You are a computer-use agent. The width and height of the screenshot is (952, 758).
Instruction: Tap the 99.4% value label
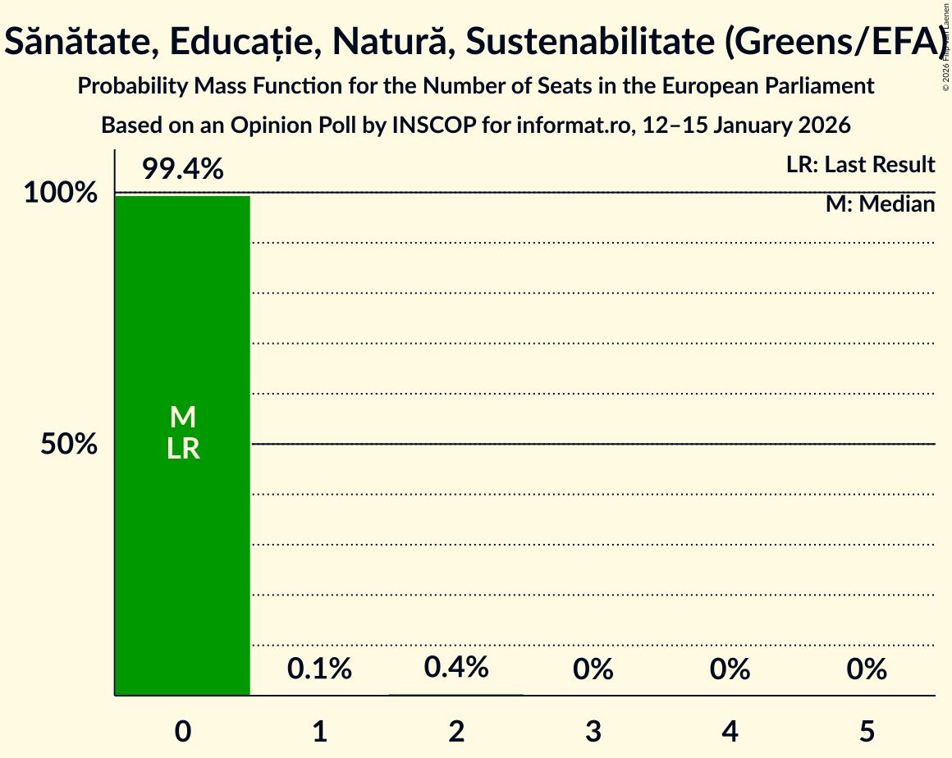182,170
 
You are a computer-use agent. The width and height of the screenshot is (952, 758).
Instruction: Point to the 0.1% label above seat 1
319,669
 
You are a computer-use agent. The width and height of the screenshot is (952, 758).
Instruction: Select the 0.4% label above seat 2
456,668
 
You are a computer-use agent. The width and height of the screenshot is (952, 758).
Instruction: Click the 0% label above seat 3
593,669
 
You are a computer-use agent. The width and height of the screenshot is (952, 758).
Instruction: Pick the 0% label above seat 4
730,669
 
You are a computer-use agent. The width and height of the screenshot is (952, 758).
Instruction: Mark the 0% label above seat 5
867,669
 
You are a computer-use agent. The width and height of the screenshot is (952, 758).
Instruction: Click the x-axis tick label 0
183,732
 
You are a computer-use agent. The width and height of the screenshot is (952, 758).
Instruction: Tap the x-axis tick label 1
320,732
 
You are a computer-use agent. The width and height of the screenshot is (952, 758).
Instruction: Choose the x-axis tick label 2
457,732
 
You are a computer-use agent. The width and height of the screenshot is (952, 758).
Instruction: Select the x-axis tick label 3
593,732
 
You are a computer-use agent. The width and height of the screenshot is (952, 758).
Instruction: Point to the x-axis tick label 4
730,732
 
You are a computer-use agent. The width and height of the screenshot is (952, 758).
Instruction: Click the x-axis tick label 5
867,732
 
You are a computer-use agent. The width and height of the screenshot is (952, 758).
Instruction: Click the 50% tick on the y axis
70,445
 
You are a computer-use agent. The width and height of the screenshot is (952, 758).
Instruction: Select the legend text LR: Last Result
860,165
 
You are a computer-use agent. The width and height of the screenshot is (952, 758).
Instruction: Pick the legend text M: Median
880,204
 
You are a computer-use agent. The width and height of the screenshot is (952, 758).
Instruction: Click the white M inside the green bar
183,418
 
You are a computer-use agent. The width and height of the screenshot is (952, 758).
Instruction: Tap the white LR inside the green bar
183,449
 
